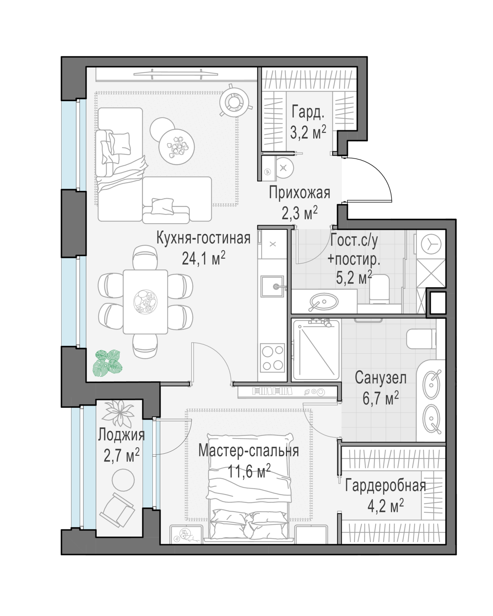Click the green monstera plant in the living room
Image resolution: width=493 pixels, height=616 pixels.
click(x=108, y=362)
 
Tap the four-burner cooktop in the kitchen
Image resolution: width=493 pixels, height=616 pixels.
click(x=272, y=358)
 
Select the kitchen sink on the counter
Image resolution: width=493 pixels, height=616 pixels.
click(x=272, y=286)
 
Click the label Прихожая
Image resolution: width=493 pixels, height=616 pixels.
click(x=299, y=193)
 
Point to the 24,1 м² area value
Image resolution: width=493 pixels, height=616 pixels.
click(x=203, y=258)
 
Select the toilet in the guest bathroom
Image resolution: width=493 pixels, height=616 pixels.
click(x=379, y=289)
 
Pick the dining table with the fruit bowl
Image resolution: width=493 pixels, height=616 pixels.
click(x=145, y=302)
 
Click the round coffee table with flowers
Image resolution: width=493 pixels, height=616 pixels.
click(x=177, y=147)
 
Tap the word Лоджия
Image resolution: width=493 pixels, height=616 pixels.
click(x=121, y=435)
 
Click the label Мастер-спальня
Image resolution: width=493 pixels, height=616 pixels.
click(x=249, y=451)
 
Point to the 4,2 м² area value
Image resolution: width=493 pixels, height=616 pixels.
click(x=385, y=506)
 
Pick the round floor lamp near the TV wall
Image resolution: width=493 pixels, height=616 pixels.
click(x=236, y=100)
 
